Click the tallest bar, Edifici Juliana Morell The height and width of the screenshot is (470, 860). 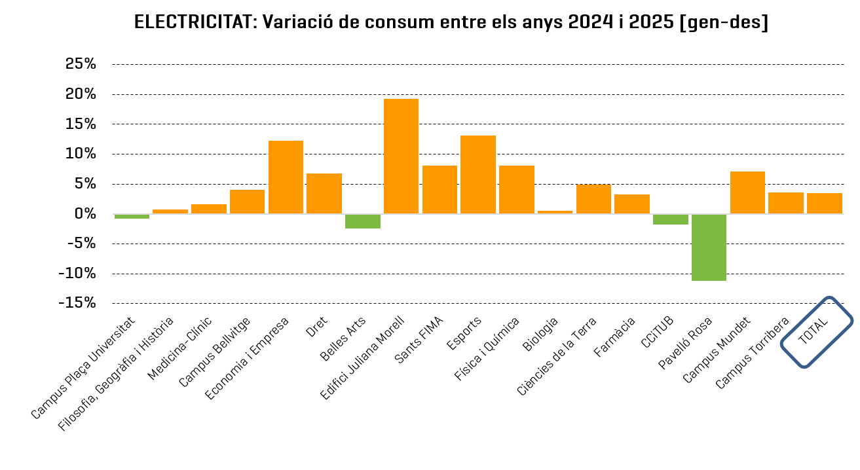(x=401, y=156)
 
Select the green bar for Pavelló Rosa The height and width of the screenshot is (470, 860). (x=709, y=247)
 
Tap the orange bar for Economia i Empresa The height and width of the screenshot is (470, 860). (x=286, y=177)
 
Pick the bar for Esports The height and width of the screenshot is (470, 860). (x=478, y=174)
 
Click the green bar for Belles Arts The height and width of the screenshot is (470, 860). (x=363, y=221)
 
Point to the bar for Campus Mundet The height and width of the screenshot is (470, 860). (x=747, y=192)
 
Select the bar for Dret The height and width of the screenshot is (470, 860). (x=324, y=194)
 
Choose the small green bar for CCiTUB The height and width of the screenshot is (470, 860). (x=670, y=219)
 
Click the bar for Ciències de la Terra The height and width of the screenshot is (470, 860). (x=593, y=199)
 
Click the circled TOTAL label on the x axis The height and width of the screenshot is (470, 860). (x=816, y=332)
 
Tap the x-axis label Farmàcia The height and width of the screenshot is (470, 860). (x=614, y=338)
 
